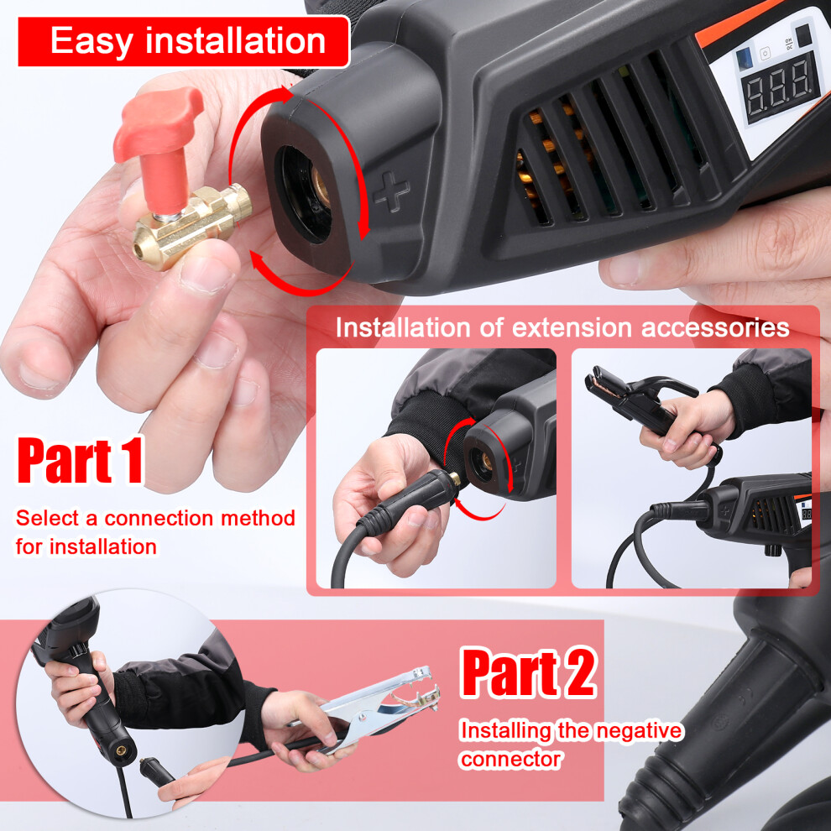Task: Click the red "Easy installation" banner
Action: (184, 41)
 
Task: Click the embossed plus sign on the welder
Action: (391, 191)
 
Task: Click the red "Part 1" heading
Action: (81, 459)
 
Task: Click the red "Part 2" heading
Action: (529, 672)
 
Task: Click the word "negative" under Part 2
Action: (639, 731)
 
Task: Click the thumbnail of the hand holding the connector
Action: (436, 468)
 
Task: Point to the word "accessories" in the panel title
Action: (715, 327)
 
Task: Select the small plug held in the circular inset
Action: (156, 772)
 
